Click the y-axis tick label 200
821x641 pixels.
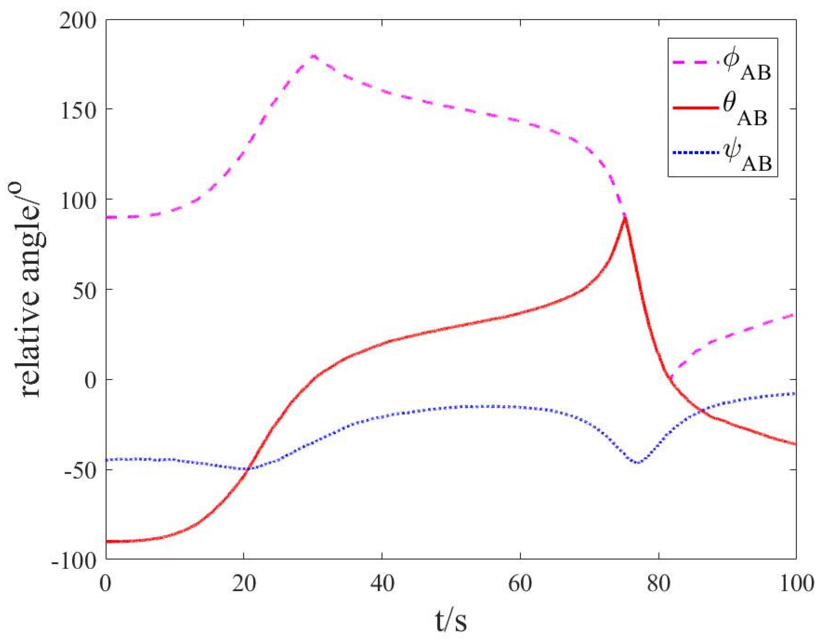(78, 21)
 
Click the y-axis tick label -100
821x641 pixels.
(74, 560)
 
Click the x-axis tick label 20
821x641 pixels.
(244, 584)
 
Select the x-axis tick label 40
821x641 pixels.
(382, 584)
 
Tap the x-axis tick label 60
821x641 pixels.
(521, 584)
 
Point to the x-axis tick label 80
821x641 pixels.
(659, 584)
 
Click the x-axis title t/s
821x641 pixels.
(451, 620)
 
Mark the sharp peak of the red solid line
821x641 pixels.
(624, 218)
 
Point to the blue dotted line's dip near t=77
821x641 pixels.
(638, 463)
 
